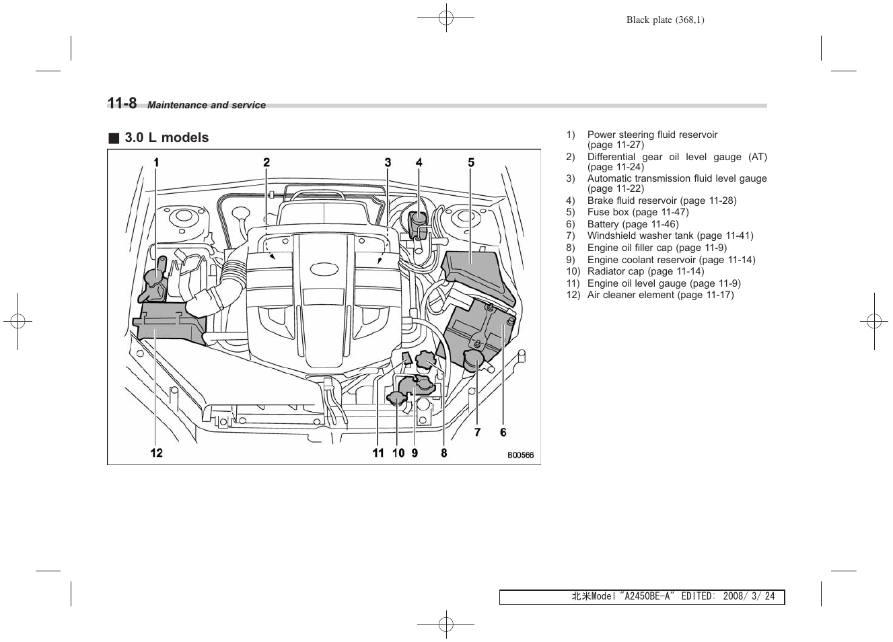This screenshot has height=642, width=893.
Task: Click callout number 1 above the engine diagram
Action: point(156,162)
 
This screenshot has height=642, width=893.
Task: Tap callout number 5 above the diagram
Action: point(471,162)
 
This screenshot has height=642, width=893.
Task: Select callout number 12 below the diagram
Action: point(156,453)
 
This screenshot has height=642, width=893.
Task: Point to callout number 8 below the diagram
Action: point(444,453)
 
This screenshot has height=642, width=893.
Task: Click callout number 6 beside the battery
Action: point(503,432)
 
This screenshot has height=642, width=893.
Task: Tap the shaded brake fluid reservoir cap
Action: point(418,223)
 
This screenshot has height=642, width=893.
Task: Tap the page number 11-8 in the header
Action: point(122,103)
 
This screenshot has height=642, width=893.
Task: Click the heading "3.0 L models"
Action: point(166,137)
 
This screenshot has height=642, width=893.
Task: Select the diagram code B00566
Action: point(520,455)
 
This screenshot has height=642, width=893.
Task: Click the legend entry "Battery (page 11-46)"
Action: point(633,224)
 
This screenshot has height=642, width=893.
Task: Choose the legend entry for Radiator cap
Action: point(645,271)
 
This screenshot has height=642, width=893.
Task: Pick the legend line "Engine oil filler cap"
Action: point(656,248)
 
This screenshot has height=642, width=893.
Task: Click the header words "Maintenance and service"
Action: point(207,105)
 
